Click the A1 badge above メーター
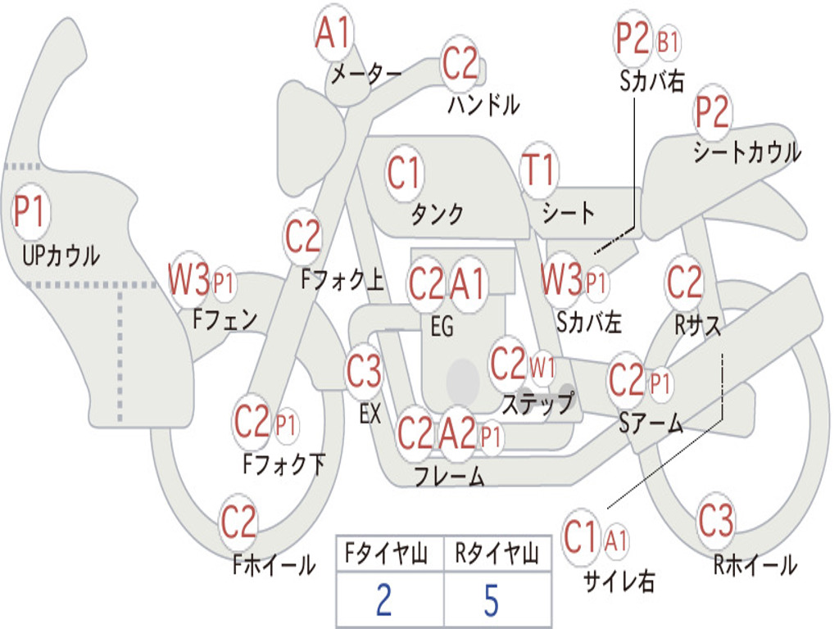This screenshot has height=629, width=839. point(333,32)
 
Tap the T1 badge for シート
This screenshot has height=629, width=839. point(539,170)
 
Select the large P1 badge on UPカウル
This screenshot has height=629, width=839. point(30,211)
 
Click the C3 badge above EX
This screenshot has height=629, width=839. point(364,371)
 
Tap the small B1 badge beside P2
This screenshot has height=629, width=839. point(668,41)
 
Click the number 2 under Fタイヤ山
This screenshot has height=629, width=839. point(384,600)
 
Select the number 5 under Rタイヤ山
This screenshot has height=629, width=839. point(492,600)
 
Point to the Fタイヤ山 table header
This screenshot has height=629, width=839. point(387,553)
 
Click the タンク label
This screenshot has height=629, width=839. point(438,214)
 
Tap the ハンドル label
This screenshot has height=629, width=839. point(483,104)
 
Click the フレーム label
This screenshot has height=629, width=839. point(450,476)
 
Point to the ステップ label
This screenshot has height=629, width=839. point(538,403)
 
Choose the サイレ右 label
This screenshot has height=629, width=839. point(619,581)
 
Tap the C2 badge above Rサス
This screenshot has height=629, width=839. point(683,281)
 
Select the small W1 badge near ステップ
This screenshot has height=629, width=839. point(542,368)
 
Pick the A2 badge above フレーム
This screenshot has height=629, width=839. point(457,432)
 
